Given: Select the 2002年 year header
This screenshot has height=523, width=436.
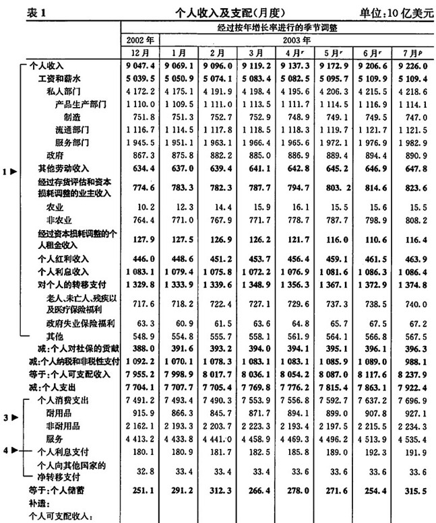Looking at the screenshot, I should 140,40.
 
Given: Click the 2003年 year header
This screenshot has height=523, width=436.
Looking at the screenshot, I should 296,40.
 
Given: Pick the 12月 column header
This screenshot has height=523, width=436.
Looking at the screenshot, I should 140,53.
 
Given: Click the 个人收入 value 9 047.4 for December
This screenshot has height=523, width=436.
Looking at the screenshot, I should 140,67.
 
